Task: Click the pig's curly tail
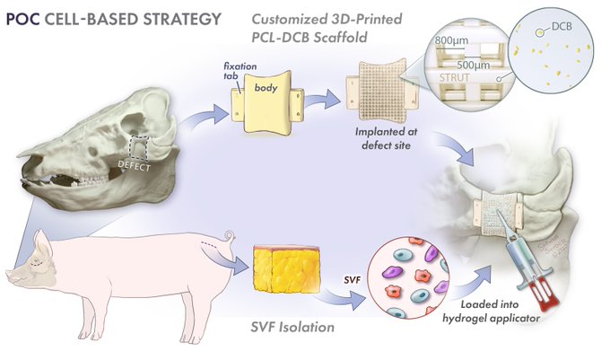click(236, 240)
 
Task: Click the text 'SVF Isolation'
click(292, 328)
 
